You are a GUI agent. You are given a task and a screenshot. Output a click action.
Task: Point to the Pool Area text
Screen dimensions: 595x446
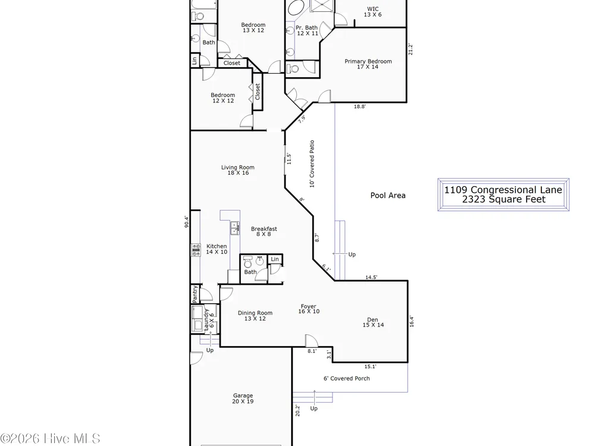pyautogui.click(x=388, y=195)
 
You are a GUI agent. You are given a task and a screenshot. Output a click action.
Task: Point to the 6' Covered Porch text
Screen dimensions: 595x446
pyautogui.click(x=346, y=378)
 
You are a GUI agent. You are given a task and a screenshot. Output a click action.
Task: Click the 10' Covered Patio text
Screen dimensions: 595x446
pyautogui.click(x=312, y=164)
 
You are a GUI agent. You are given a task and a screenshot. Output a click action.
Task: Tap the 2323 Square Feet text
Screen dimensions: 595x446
pyautogui.click(x=503, y=199)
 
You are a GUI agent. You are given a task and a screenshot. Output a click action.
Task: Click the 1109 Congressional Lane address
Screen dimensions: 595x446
pyautogui.click(x=503, y=190)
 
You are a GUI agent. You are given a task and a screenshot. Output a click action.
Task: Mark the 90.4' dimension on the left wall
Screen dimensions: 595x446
pyautogui.click(x=186, y=222)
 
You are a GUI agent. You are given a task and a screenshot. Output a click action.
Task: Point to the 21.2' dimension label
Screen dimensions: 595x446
pyautogui.click(x=410, y=49)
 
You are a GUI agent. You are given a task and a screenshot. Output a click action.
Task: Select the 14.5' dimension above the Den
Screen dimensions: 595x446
pyautogui.click(x=371, y=277)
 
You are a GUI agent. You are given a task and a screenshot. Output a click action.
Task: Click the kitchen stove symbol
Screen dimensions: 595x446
pyautogui.click(x=196, y=250)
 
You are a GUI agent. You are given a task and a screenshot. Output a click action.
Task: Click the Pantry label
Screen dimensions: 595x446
pyautogui.click(x=195, y=294)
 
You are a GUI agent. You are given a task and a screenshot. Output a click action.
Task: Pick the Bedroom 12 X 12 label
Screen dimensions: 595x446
pyautogui.click(x=223, y=98)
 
